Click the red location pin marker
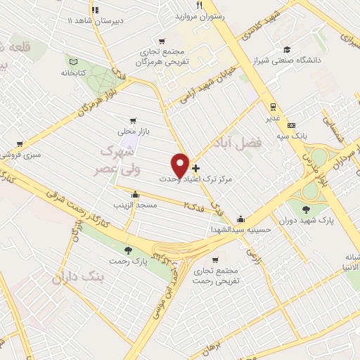click(x=181, y=165)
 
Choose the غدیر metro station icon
click(x=271, y=106)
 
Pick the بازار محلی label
click(x=132, y=131)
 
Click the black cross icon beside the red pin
click(x=195, y=169)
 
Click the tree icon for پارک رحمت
click(x=127, y=250)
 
